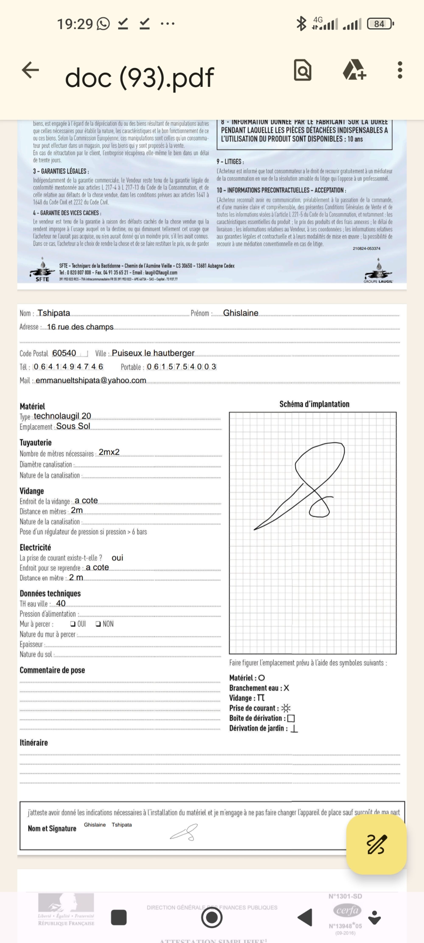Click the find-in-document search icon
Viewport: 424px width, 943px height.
(303, 70)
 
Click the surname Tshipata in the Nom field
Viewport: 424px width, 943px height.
(54, 313)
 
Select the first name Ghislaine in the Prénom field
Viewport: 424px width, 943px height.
(241, 313)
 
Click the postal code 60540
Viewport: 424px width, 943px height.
(64, 353)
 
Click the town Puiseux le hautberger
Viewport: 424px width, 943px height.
(153, 353)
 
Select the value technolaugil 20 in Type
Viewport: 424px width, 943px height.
(63, 416)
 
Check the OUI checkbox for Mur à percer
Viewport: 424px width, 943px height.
(73, 624)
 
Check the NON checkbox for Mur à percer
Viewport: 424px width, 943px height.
(98, 624)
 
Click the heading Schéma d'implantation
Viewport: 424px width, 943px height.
(314, 404)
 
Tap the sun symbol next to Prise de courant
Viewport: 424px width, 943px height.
(286, 708)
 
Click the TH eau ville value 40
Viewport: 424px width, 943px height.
(61, 603)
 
